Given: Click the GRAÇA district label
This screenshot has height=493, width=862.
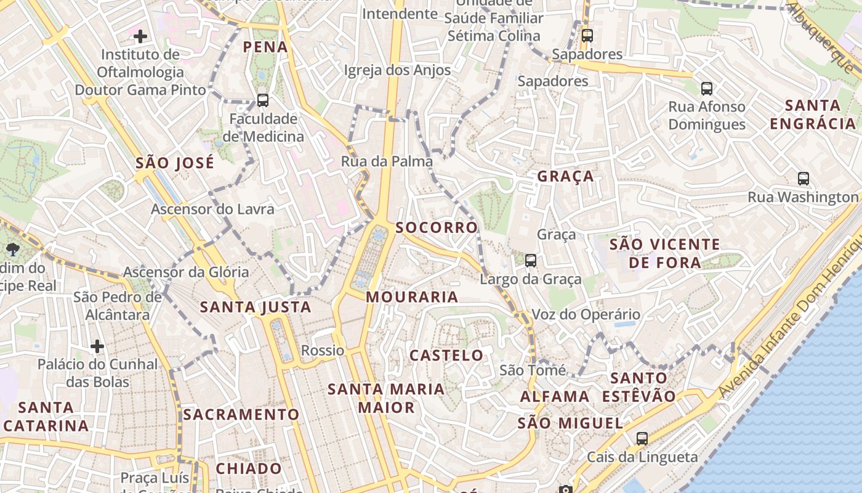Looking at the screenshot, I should point(565,177).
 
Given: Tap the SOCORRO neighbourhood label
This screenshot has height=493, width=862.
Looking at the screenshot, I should point(437,227).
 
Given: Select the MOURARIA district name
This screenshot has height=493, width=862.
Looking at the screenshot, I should point(412,297).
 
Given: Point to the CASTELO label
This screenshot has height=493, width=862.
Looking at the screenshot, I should point(446,356).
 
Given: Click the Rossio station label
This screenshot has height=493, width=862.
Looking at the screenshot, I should point(323,351).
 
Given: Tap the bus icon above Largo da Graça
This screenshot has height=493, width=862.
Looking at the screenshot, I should point(531,261).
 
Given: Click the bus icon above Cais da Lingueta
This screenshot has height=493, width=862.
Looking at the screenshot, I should point(642,439).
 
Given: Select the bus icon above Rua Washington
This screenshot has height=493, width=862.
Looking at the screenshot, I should point(803,179).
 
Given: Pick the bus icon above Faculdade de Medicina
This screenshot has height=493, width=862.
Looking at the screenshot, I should point(263,100).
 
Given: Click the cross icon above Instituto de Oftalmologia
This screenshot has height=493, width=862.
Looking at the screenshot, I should point(140,36).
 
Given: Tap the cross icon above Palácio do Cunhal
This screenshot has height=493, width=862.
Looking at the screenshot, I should point(97,346).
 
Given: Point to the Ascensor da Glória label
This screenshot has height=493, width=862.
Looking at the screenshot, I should point(186,272).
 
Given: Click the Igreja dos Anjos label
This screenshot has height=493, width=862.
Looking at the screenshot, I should point(397,70).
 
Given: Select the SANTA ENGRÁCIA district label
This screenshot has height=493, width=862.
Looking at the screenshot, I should point(813,115).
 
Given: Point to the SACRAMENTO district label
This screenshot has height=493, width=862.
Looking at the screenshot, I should point(241,415).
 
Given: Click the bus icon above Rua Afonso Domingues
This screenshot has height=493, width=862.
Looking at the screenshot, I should point(706,89).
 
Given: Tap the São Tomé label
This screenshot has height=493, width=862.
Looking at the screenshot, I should point(532,370).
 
